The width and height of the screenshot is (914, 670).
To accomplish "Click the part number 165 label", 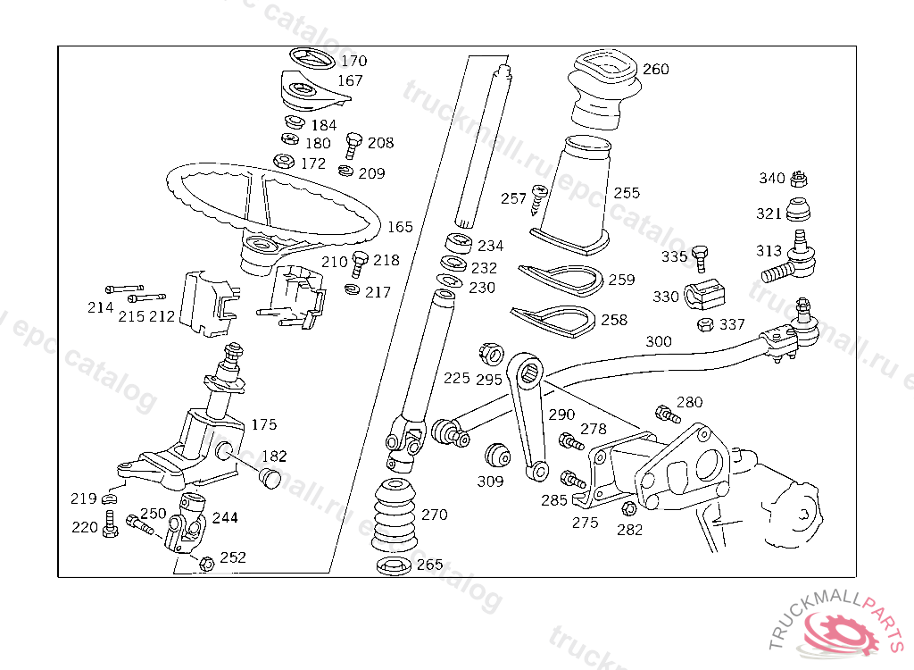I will point(400,227).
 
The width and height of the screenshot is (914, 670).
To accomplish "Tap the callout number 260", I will point(655,70).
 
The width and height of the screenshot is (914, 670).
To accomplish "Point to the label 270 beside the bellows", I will point(434,515).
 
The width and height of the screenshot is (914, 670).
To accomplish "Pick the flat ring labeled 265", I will point(390,565).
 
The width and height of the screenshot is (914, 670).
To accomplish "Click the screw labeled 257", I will point(538,198).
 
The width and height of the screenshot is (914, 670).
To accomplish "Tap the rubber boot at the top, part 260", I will point(604,86).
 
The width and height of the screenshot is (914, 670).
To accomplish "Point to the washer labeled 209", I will point(346,170).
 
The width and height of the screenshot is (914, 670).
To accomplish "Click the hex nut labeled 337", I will point(704,324).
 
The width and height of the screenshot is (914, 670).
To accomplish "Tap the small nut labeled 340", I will point(800,178).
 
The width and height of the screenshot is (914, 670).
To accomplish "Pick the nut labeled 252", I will point(206,563).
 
